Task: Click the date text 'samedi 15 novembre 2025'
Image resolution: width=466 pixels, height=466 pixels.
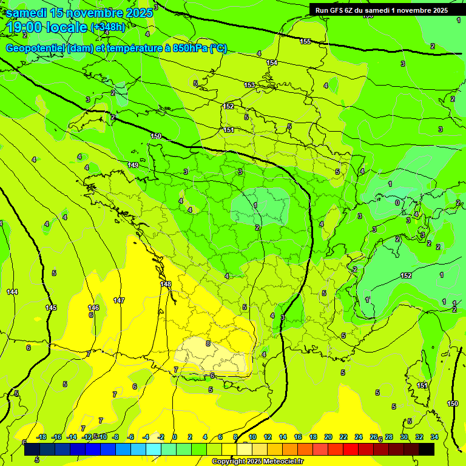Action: [79, 13]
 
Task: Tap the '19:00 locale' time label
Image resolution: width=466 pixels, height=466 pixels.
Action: [47, 27]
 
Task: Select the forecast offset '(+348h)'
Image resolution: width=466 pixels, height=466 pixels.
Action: [108, 27]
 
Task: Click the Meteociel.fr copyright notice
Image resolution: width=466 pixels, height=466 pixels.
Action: [257, 461]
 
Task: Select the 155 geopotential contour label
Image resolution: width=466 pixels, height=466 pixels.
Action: [305, 41]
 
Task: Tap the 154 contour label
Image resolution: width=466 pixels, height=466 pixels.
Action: [272, 62]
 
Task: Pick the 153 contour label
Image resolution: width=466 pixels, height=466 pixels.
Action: [249, 85]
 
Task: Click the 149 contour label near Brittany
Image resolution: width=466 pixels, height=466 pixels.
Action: [133, 165]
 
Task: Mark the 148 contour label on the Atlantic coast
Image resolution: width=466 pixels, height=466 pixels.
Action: [166, 284]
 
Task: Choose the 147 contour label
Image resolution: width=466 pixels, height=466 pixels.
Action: [119, 300]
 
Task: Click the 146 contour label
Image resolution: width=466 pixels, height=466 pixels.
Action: [93, 308]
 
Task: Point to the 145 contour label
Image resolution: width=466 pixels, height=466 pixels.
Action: [51, 308]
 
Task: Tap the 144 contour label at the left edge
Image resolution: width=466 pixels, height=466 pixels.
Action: [12, 292]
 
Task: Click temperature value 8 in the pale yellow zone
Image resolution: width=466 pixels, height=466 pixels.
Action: [208, 343]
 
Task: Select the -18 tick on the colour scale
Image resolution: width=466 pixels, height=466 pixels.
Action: [41, 437]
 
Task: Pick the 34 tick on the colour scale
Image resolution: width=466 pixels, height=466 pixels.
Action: [434, 437]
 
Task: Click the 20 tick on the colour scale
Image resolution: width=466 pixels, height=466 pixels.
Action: [328, 437]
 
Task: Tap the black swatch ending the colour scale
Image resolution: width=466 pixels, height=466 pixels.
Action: [427, 449]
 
